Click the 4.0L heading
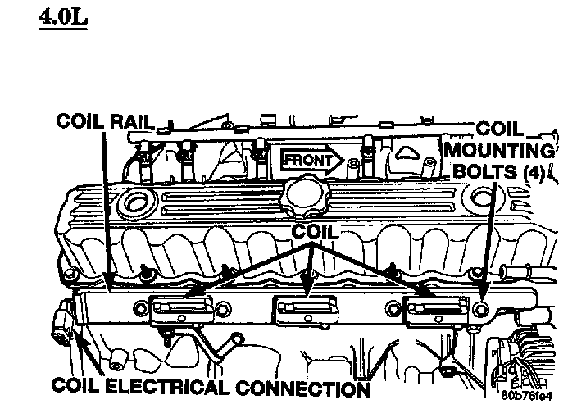(62, 16)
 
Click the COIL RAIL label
(104, 121)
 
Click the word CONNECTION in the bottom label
(316, 387)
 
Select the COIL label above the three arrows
(314, 232)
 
